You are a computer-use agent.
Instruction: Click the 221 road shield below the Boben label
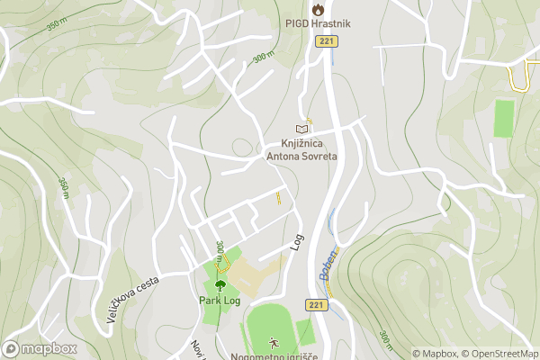click(x=315, y=306)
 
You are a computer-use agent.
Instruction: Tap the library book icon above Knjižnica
click(x=301, y=130)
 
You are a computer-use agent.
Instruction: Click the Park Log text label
click(x=220, y=300)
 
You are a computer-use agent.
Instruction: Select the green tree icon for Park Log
click(x=220, y=284)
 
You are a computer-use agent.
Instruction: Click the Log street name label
click(x=297, y=241)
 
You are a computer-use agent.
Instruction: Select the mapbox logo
click(x=40, y=348)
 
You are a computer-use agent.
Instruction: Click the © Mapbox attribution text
click(x=436, y=354)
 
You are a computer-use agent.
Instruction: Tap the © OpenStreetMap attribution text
click(x=500, y=354)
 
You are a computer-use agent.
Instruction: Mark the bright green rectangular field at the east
click(x=504, y=118)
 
